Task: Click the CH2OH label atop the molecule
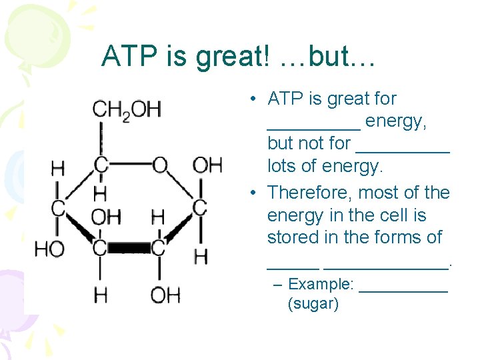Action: (x=126, y=109)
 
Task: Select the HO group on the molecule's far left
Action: (x=49, y=249)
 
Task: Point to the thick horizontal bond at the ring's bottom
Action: (x=129, y=248)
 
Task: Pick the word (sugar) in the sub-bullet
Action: (x=313, y=305)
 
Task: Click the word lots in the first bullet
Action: (x=281, y=165)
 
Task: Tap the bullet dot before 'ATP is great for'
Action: (x=255, y=100)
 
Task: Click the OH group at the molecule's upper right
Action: (x=207, y=165)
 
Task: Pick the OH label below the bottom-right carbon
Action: (x=165, y=294)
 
